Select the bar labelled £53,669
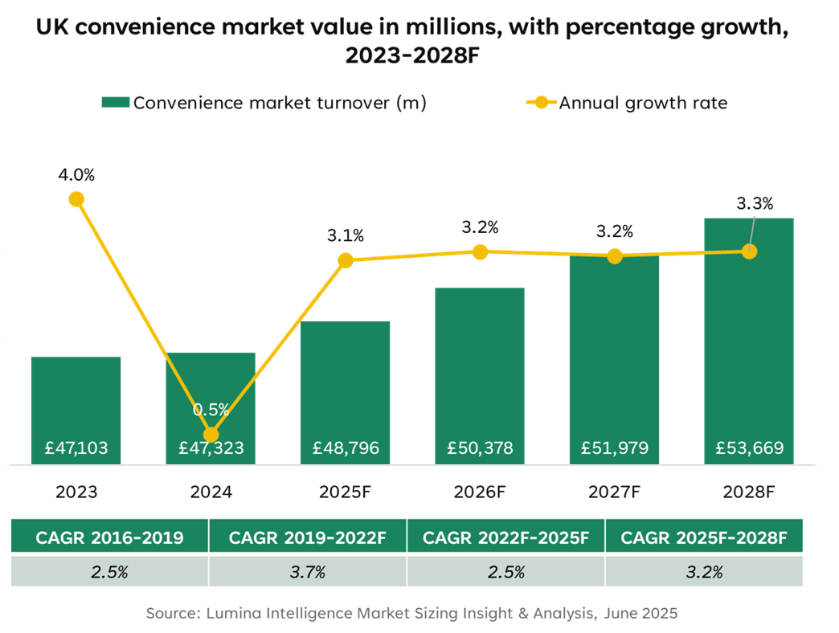coord(749,337)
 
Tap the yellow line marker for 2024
coord(211,435)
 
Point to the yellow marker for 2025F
coord(345,260)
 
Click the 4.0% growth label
coord(76,174)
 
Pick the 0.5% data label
coord(211,409)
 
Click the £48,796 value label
coord(345,448)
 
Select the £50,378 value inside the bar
coord(480,448)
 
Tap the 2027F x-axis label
coord(614,492)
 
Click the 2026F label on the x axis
coord(480,492)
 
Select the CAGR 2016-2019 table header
coord(108,537)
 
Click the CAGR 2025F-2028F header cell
coord(704,537)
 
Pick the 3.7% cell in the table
coord(307,572)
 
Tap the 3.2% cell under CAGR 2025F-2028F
coord(704,572)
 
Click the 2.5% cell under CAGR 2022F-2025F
coord(505,572)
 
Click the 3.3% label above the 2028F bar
coord(755,203)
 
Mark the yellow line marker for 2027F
coord(615,255)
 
